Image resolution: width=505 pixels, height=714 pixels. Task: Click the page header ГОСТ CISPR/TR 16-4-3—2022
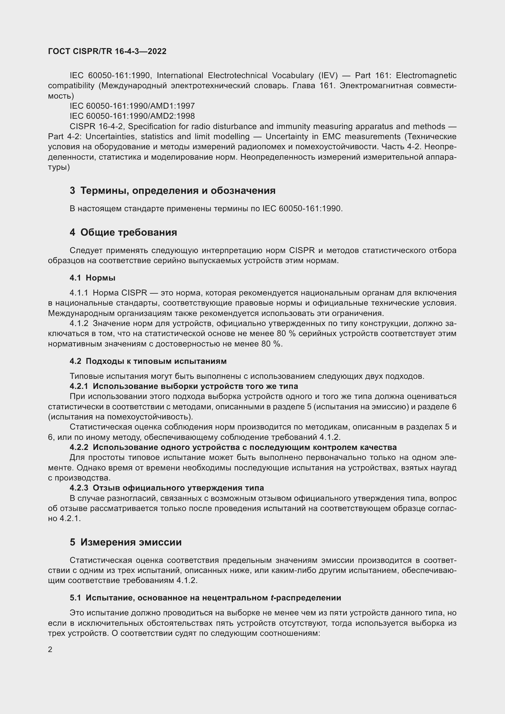(x=107, y=51)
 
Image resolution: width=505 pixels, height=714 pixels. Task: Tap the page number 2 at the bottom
(x=50, y=649)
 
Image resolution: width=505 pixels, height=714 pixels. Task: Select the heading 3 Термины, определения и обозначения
(x=173, y=190)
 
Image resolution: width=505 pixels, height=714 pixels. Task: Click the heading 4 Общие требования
(x=123, y=232)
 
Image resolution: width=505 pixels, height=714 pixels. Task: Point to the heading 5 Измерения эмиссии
(x=125, y=542)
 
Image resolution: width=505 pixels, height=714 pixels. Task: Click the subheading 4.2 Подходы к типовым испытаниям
(x=148, y=361)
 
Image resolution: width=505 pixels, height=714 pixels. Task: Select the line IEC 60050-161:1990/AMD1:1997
(x=132, y=106)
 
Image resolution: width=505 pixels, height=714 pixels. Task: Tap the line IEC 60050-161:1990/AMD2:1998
(x=132, y=116)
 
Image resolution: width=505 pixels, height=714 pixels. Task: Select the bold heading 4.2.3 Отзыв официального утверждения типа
(x=167, y=487)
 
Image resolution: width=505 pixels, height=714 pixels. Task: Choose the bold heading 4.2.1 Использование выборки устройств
(x=184, y=386)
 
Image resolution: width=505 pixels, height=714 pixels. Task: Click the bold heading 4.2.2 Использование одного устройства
(x=233, y=447)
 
